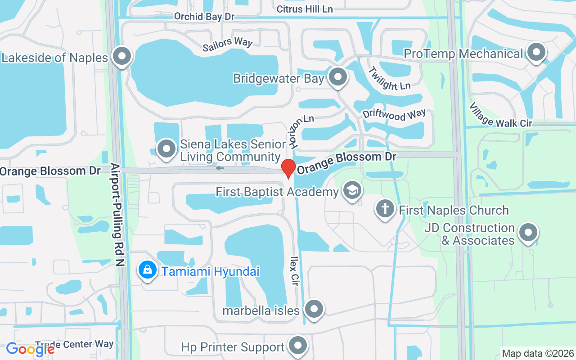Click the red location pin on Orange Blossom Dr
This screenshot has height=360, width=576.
[x=288, y=168]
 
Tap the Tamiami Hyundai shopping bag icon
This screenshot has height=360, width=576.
[x=147, y=270]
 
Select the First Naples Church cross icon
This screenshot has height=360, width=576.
[x=385, y=209]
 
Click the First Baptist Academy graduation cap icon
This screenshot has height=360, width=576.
[x=352, y=190]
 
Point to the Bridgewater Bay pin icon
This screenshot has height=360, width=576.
[x=338, y=77]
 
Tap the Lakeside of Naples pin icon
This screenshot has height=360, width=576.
[x=121, y=57]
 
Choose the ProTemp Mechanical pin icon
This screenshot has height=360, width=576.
[x=536, y=53]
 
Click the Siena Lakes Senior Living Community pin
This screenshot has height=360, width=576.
[x=166, y=148]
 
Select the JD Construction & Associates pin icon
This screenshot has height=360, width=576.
[x=528, y=233]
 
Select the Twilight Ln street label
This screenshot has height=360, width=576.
[x=389, y=79]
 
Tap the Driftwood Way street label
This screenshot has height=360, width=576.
[x=394, y=115]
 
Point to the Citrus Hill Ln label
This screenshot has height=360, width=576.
[x=305, y=9]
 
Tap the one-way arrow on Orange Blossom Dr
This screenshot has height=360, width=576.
[x=220, y=168]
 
